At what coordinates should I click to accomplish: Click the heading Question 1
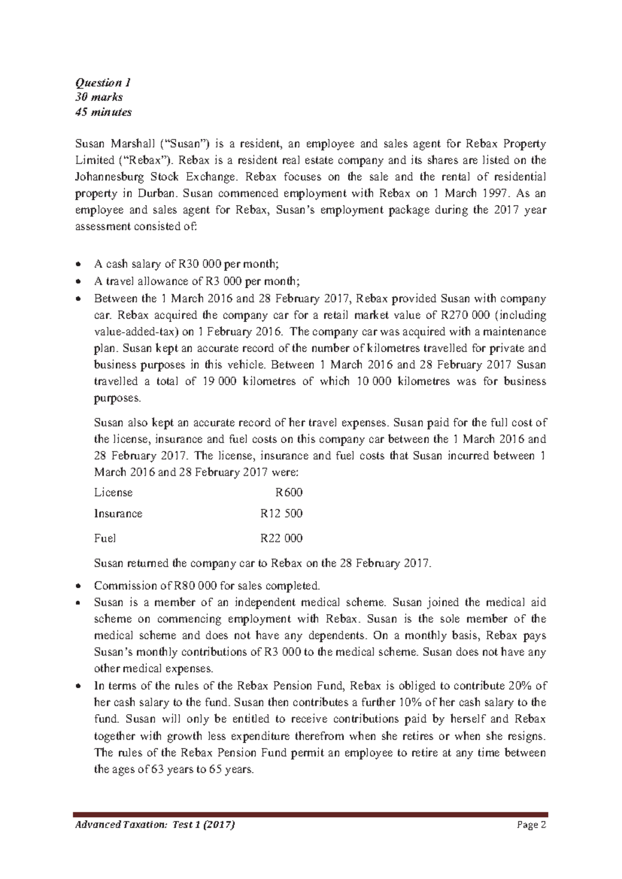click(x=103, y=82)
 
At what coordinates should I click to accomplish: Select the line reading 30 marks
click(x=99, y=97)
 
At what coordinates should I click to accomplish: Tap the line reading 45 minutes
click(x=104, y=112)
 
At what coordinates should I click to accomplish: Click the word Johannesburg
click(x=109, y=177)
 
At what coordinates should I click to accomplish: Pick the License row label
click(x=113, y=492)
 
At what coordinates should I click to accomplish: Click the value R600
click(x=289, y=492)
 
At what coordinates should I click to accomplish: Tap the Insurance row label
click(x=118, y=514)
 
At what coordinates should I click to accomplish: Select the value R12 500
click(x=281, y=514)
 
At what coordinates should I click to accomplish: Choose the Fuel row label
click(x=105, y=538)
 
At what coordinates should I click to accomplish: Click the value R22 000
click(x=281, y=538)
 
